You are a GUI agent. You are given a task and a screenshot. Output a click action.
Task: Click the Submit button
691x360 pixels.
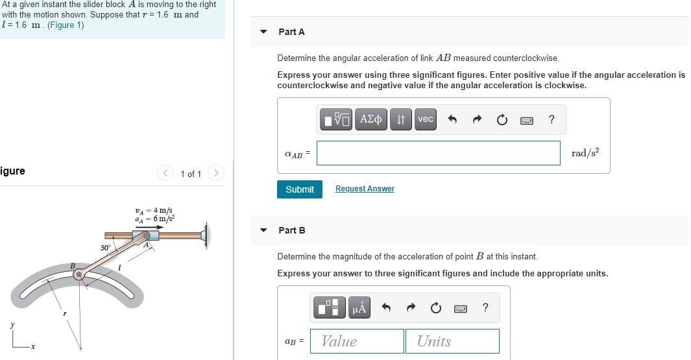coord(299,189)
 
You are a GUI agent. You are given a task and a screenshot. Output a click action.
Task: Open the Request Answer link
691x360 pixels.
coord(365,189)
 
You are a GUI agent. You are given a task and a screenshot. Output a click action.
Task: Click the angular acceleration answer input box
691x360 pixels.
coord(438,153)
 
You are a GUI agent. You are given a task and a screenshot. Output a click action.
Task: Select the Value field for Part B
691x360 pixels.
coord(357,341)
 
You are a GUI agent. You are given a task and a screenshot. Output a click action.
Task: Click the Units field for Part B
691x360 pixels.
coord(452,341)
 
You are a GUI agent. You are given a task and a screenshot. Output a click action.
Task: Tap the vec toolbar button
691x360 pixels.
coord(425,119)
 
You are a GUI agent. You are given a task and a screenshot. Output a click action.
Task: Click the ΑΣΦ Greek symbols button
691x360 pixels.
coord(370,119)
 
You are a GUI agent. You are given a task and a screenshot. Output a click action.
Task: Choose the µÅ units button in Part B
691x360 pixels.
coord(359,308)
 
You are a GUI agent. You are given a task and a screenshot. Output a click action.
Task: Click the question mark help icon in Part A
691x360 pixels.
coord(551,119)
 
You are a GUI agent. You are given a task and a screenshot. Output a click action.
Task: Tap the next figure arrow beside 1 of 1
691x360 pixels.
coord(216,173)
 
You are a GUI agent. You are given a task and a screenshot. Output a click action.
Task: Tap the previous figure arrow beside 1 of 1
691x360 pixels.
coord(166,173)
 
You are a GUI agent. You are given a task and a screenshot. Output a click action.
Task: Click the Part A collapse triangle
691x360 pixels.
coord(263,32)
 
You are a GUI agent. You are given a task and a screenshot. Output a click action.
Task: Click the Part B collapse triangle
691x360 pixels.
coord(263,230)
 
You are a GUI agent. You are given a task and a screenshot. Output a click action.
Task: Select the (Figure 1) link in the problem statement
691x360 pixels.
coord(66,25)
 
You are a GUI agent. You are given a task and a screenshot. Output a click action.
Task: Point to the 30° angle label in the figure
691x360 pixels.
coord(105,248)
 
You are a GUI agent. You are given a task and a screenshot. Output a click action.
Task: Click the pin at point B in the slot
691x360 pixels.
coord(79,275)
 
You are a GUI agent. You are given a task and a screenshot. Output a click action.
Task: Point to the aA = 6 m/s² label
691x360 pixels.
coord(154,219)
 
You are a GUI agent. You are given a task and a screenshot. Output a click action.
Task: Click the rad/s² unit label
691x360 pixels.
coord(585,153)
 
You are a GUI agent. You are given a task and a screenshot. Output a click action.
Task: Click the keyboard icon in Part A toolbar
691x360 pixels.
coord(526,120)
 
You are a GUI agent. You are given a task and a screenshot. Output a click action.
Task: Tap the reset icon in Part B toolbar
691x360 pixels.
coord(435,308)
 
